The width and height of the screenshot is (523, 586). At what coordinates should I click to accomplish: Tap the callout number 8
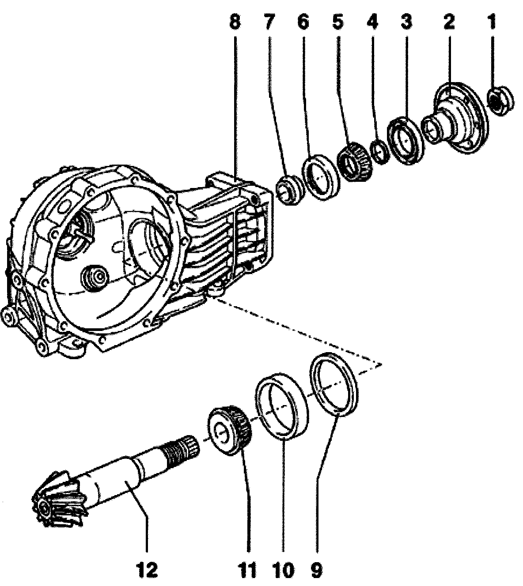pyautogui.click(x=235, y=21)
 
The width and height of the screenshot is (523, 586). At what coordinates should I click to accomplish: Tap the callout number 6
pyautogui.click(x=303, y=21)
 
